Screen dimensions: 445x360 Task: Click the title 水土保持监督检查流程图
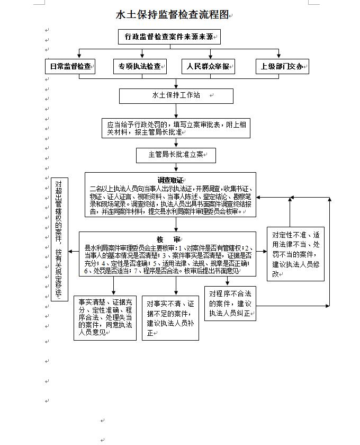[173, 15]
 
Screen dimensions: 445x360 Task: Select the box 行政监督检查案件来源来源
[169, 37]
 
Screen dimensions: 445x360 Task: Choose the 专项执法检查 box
[140, 66]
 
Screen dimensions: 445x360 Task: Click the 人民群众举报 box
[208, 66]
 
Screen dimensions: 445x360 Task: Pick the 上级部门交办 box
[282, 66]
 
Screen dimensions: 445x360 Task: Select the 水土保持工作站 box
[176, 95]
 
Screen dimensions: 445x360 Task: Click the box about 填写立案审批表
[176, 128]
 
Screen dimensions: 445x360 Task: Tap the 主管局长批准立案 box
[176, 155]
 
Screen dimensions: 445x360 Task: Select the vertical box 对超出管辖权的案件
[59, 239]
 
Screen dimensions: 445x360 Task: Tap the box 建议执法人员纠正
[230, 303]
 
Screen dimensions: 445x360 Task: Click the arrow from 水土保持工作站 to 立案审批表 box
[176, 111]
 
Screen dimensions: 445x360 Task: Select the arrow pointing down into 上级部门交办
[279, 54]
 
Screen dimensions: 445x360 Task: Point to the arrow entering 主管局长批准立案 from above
[176, 144]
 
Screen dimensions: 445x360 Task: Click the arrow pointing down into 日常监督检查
[79, 54]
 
